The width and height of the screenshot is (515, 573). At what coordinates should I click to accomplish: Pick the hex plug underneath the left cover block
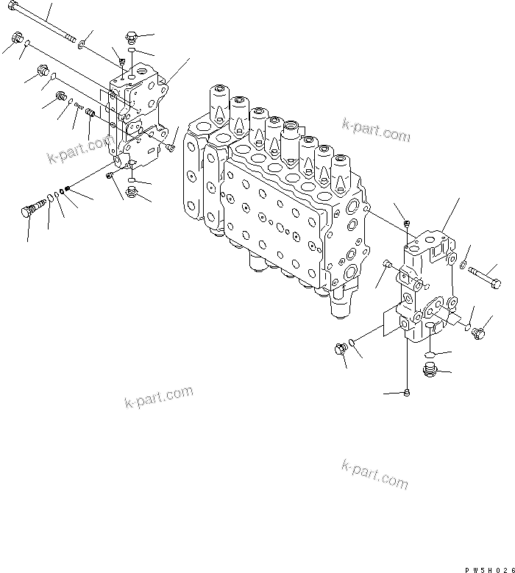pyautogui.click(x=132, y=193)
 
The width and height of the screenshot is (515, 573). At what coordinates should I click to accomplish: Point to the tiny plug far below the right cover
pyautogui.click(x=408, y=393)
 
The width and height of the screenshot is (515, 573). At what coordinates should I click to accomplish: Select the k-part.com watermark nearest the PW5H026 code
pyautogui.click(x=374, y=474)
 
